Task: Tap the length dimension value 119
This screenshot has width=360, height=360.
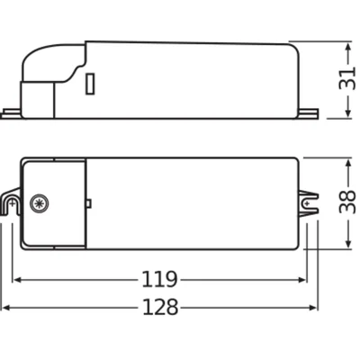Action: tap(159, 278)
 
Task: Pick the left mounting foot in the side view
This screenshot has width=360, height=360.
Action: tap(13, 112)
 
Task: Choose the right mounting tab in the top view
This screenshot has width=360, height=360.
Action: tap(310, 203)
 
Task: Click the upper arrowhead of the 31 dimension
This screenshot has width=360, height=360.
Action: tap(346, 43)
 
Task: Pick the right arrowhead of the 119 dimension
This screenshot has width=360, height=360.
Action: tap(303, 279)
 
